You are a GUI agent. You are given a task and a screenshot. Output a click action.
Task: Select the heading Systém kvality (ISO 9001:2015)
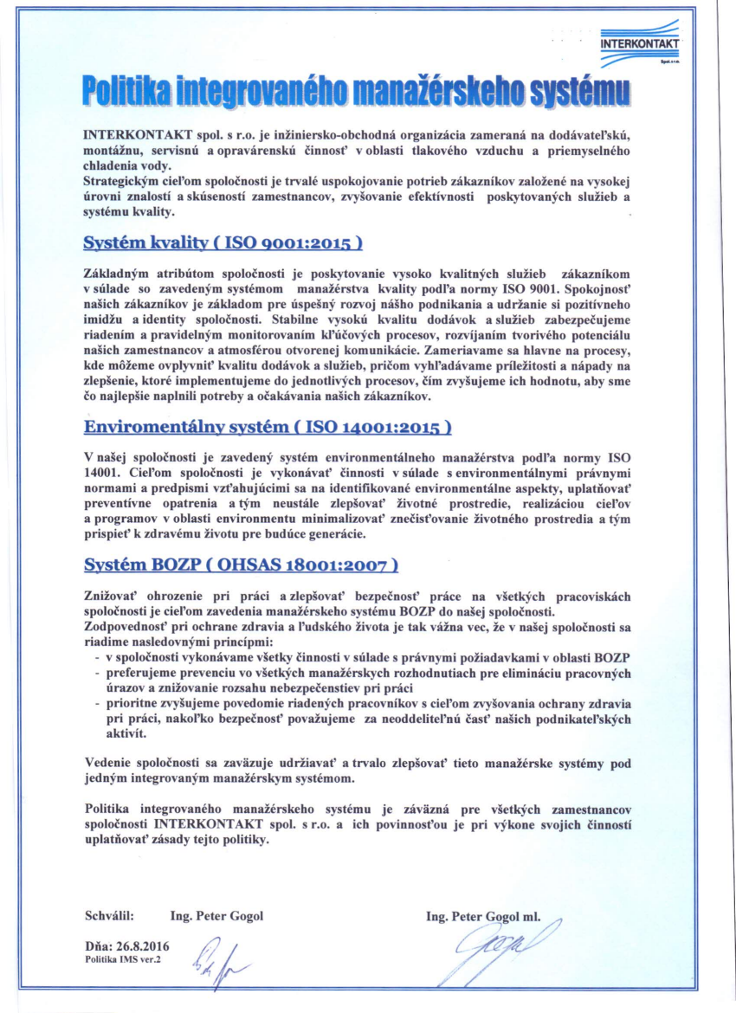coord(222,242)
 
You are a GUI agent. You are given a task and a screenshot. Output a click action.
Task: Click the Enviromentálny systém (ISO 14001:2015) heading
coord(267,427)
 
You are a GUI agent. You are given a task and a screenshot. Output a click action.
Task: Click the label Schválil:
coord(109,915)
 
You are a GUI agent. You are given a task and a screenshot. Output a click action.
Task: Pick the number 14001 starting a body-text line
coord(100,472)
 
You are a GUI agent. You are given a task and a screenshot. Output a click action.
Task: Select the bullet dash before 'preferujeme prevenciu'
coord(94,673)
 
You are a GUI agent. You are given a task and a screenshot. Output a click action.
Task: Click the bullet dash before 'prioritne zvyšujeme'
coord(94,702)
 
